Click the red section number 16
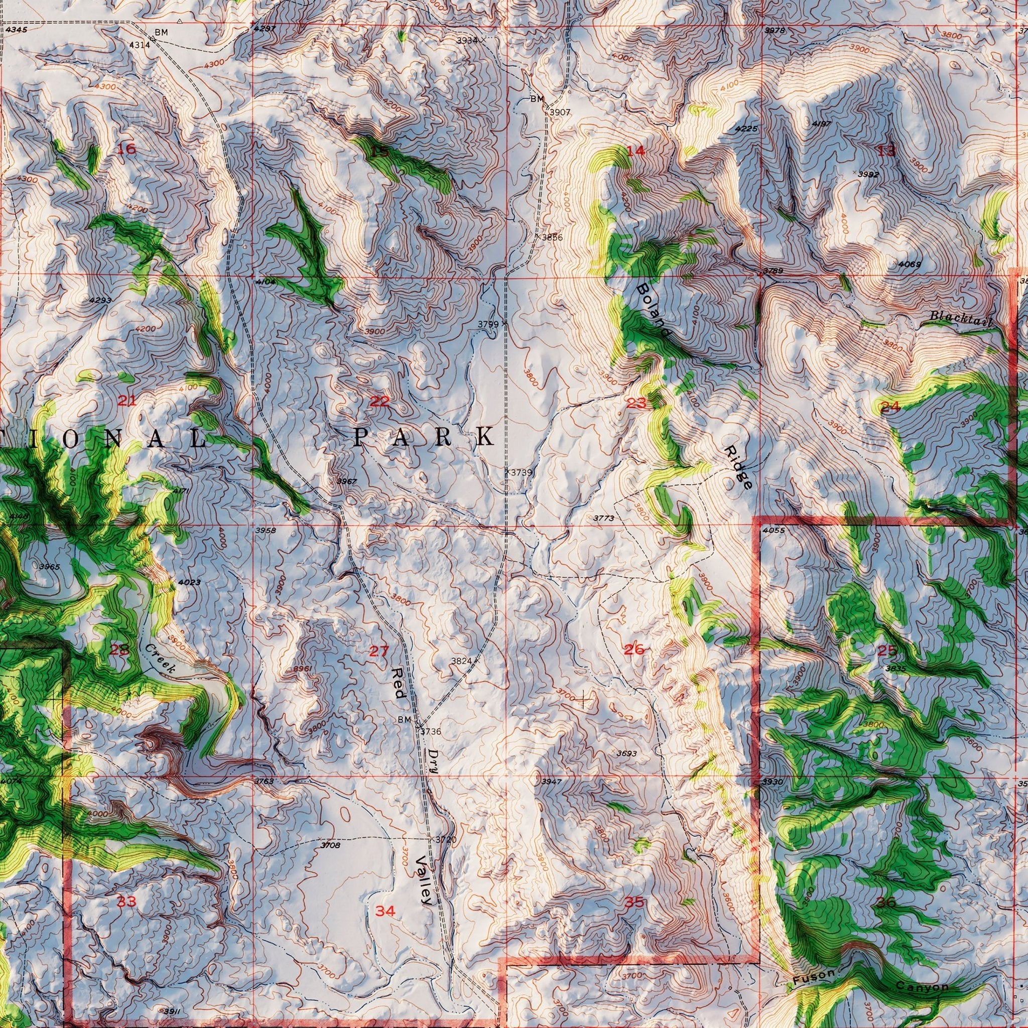tap(126, 149)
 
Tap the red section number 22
tap(379, 401)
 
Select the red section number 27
tap(379, 651)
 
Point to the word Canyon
tap(922, 972)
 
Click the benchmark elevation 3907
tap(560, 112)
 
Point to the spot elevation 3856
tap(552, 237)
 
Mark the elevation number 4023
tap(189, 582)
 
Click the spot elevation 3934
tap(467, 41)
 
